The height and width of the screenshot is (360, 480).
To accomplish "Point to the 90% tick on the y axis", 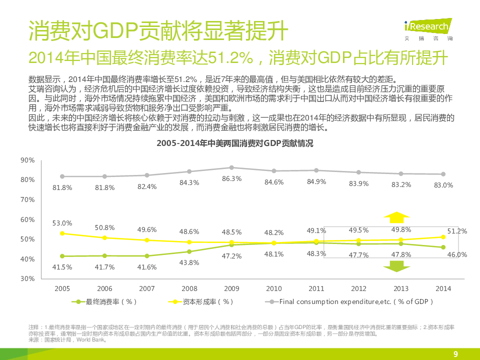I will (27, 160).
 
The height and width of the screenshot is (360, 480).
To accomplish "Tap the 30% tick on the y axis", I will (27, 278).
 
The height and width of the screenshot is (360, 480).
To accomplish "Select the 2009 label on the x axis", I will (232, 288).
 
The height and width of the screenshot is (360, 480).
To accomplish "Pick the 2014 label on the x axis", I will (443, 288).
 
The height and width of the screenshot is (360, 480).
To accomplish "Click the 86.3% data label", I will (231, 178).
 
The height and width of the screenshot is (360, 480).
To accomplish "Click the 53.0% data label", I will (62, 223).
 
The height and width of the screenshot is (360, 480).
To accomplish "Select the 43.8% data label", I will (189, 262).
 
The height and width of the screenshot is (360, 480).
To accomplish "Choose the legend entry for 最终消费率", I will (104, 301).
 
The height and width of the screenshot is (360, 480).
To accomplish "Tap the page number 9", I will (455, 354).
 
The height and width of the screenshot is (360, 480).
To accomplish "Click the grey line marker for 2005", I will (62, 176).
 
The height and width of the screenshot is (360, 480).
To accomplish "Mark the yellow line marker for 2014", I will (443, 237).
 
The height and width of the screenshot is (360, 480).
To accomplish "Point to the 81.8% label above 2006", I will (104, 187).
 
